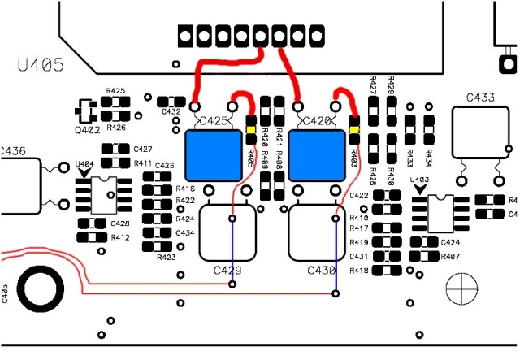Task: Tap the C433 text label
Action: [x=481, y=98]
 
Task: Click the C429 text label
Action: [x=228, y=270]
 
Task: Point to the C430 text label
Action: [x=321, y=270]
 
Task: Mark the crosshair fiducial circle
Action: [x=466, y=288]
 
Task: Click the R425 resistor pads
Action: [x=115, y=105]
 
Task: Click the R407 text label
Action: [x=450, y=257]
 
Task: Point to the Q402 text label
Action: [x=88, y=128]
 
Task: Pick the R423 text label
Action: [x=167, y=257]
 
